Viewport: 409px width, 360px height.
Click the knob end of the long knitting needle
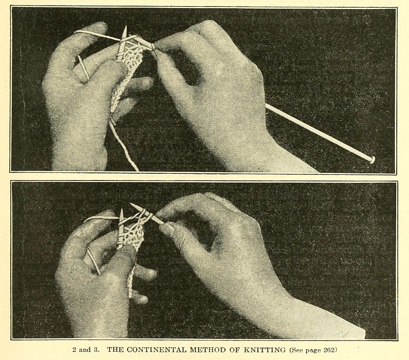[372, 159]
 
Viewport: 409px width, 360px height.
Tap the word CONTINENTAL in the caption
[157, 350]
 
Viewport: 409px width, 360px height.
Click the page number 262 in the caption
[329, 350]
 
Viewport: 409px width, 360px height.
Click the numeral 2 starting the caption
[74, 350]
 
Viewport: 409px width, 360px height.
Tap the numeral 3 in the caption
[97, 350]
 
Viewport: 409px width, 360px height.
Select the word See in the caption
[297, 350]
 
